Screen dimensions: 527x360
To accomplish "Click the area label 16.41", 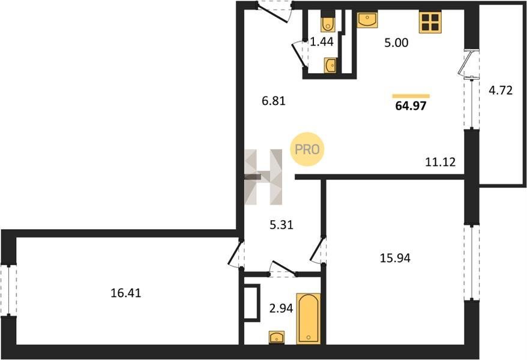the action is tap(125, 293).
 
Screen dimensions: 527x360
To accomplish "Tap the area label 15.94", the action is tap(395, 258).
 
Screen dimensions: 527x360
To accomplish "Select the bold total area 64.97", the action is tap(411, 106).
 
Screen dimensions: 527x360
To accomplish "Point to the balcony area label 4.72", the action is tap(501, 91).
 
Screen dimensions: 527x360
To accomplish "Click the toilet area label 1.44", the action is tap(322, 41).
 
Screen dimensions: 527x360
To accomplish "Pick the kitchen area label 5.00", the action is tap(396, 43).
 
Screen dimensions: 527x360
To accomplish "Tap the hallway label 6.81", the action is tap(274, 100).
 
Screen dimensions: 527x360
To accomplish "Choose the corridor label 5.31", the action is tap(282, 224).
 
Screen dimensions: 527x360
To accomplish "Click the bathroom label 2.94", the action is tap(282, 308).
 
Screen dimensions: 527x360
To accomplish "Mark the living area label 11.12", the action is tap(441, 162).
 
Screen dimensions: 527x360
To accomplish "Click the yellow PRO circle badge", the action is tap(307, 149).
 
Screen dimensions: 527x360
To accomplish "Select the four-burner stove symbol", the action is tap(430, 23).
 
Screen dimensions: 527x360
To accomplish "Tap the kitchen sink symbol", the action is tap(367, 19).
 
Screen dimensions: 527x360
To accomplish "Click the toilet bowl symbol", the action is tap(328, 22).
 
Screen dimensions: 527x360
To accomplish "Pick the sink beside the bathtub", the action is tap(277, 337).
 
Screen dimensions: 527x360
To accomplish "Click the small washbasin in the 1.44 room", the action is tap(330, 65).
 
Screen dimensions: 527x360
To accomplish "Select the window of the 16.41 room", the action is tap(8, 290).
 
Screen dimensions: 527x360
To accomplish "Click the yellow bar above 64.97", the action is tap(411, 96).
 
